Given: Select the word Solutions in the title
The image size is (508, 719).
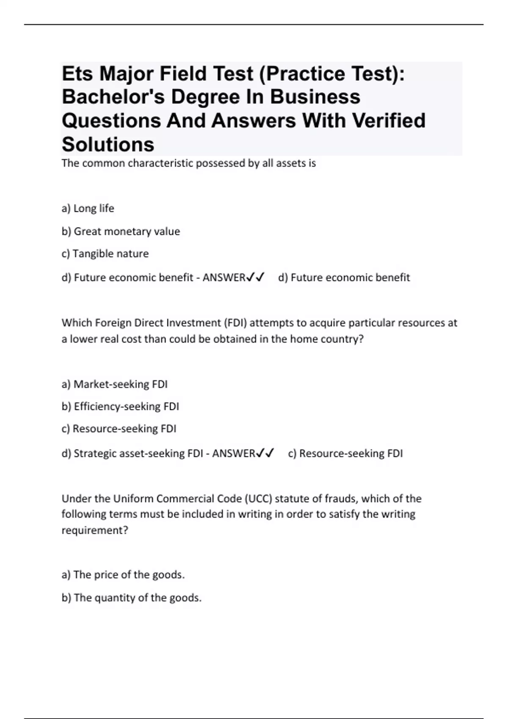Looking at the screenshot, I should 108,144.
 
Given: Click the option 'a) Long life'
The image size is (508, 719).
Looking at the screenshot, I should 88,209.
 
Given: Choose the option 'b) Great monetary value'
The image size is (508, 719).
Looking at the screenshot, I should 121,231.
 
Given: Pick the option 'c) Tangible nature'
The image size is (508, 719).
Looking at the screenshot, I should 105,254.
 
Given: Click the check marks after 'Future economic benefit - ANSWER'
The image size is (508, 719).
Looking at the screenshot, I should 256,277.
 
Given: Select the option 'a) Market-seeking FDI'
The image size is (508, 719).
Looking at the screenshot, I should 114,384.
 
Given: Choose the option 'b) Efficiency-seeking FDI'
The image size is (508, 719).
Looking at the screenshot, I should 120,406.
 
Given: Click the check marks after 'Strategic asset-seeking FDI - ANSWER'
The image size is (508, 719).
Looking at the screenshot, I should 265,453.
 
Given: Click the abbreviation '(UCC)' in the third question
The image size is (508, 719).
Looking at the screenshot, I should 258,499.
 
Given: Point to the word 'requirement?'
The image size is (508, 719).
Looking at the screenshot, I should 95,530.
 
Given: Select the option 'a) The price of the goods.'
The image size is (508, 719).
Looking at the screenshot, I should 123,575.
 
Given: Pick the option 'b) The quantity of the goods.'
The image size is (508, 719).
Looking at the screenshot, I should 131,598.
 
